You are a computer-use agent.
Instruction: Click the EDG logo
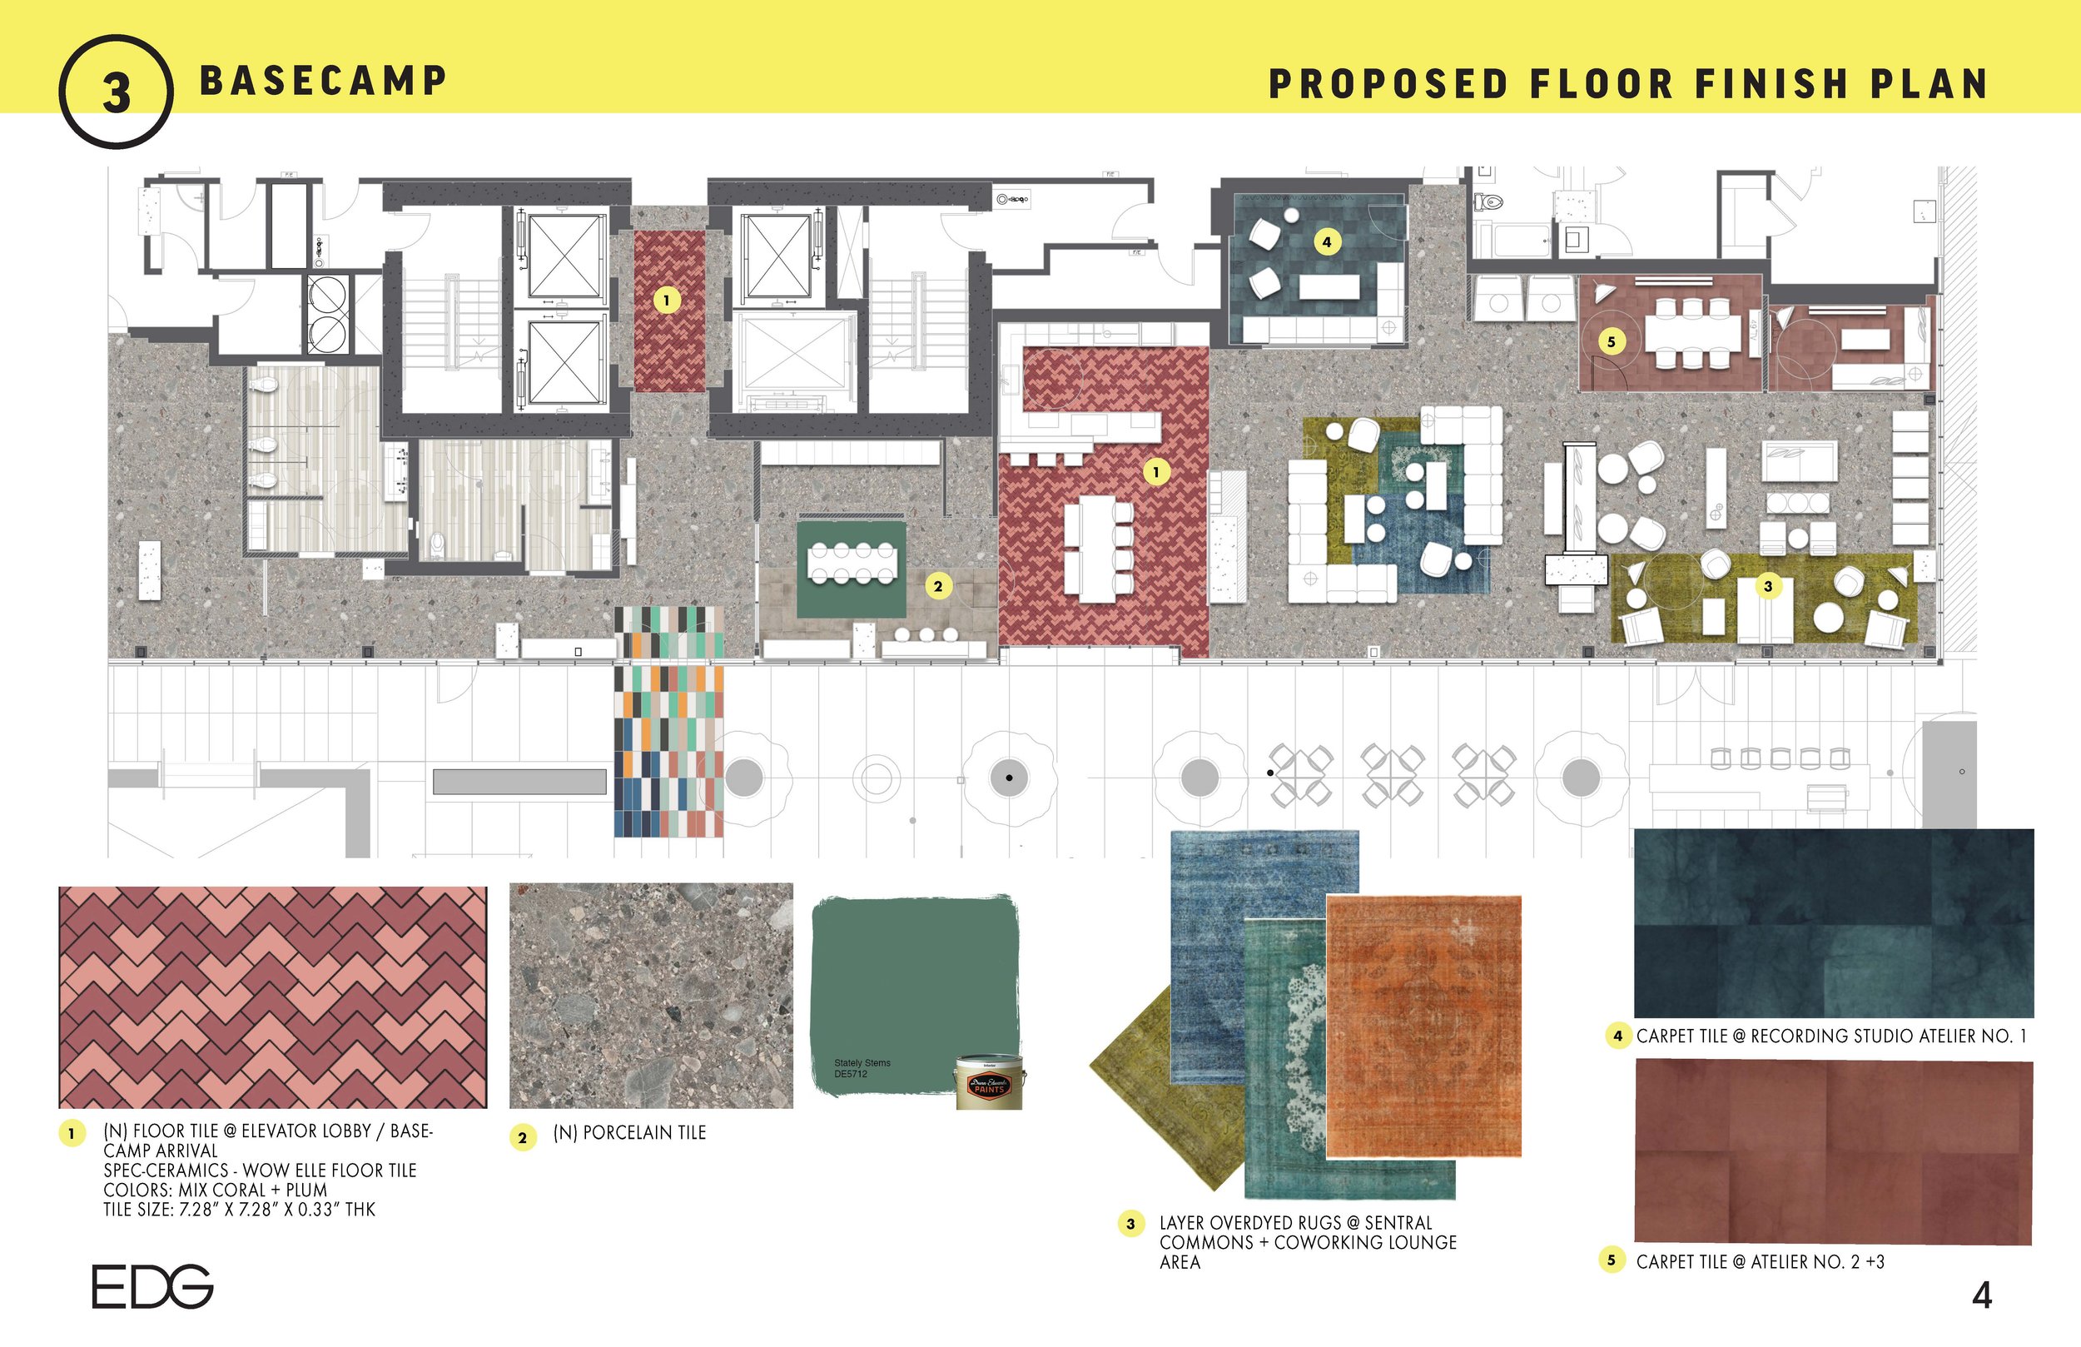pos(152,1285)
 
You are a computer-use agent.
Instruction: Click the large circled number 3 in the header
pos(116,92)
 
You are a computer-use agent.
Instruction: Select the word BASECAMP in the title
pos(324,82)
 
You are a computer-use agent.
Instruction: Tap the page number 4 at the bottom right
pos(1982,1295)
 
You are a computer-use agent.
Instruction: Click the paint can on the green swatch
pos(989,1083)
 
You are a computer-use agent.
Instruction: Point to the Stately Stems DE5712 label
pos(862,1068)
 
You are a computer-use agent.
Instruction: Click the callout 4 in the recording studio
pos(1326,241)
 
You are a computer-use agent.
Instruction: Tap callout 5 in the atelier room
pos(1611,342)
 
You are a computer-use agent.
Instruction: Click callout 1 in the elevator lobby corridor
pos(666,301)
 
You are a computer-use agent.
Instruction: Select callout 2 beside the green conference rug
pos(938,586)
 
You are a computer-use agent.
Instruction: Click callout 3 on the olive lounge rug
pos(1767,586)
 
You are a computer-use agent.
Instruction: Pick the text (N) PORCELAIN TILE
pos(628,1133)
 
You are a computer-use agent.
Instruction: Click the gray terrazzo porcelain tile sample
pos(651,996)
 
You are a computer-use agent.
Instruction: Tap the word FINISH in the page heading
pos(1771,85)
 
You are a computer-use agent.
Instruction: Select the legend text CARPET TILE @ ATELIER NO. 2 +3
pos(1759,1261)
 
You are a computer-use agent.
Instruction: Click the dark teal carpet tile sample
pos(1833,922)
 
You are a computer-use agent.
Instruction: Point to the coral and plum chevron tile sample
pos(273,997)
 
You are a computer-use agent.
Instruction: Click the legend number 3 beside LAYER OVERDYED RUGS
pos(1130,1224)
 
